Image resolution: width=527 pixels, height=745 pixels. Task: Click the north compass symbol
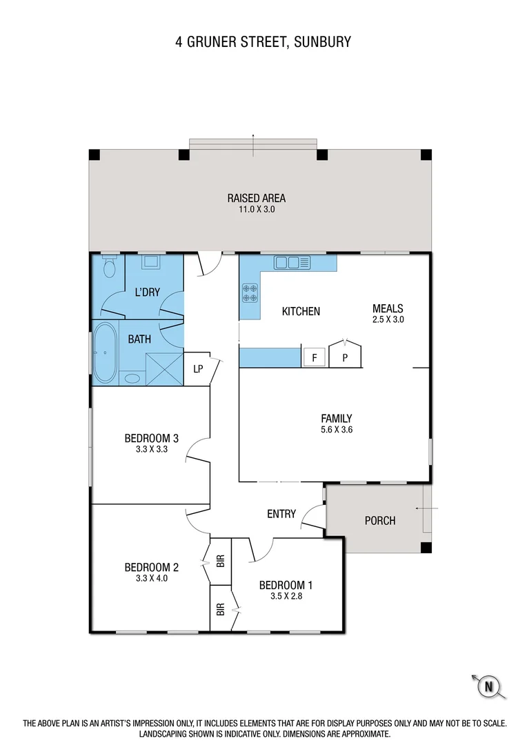pyautogui.click(x=489, y=686)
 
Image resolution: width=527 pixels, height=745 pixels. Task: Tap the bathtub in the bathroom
pyautogui.click(x=106, y=352)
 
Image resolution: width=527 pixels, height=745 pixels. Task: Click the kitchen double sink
pyautogui.click(x=292, y=262)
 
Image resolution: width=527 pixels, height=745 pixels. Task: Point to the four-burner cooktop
pyautogui.click(x=249, y=293)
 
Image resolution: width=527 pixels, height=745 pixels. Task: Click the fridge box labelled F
pyautogui.click(x=315, y=357)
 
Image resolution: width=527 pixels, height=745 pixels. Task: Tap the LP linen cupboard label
pyautogui.click(x=198, y=368)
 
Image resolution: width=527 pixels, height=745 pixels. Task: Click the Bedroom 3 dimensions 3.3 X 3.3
pyautogui.click(x=152, y=448)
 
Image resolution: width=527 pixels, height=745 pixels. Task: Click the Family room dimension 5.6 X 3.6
pyautogui.click(x=337, y=429)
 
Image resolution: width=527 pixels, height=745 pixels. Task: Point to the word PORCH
pyautogui.click(x=380, y=521)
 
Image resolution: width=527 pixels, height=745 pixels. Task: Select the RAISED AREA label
pyautogui.click(x=257, y=198)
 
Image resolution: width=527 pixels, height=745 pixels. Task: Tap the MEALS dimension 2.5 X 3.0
pyautogui.click(x=387, y=319)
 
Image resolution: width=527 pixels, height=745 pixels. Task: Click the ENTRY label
pyautogui.click(x=281, y=514)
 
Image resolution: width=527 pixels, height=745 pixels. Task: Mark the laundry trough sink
pyautogui.click(x=151, y=262)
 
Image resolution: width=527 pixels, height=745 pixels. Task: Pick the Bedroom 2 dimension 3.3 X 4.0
pyautogui.click(x=152, y=579)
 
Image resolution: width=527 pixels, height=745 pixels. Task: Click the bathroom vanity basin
pyautogui.click(x=131, y=378)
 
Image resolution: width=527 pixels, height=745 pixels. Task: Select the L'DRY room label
pyautogui.click(x=147, y=292)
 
